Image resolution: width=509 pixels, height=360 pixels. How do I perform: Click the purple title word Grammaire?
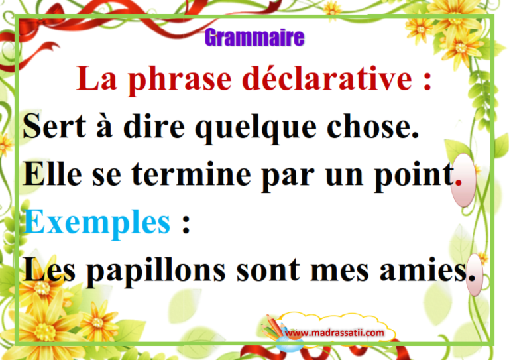(x=254, y=37)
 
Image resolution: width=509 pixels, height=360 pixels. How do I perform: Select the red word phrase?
(x=180, y=80)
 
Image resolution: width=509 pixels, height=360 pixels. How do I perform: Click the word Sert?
(x=54, y=126)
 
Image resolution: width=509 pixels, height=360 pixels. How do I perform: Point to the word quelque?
(x=255, y=128)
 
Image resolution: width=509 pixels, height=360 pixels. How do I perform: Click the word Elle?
(x=52, y=174)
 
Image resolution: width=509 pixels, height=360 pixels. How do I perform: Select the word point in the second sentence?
(x=414, y=176)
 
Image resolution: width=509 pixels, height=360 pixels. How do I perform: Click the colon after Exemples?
(x=186, y=224)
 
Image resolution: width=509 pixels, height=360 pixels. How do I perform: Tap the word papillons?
(x=156, y=272)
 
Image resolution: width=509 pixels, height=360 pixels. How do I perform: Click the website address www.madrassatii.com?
(x=334, y=333)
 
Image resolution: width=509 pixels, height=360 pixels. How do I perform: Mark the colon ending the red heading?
(x=427, y=81)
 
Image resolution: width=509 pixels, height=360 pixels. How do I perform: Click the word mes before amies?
(x=339, y=272)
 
